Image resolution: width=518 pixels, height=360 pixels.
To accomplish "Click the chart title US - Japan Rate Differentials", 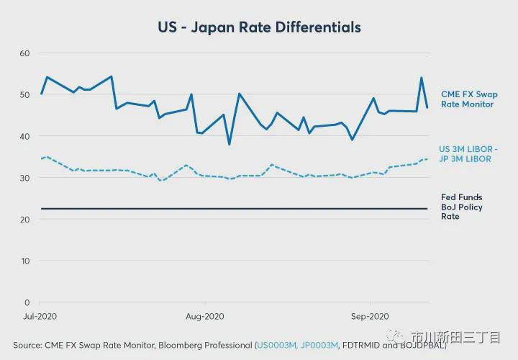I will [259, 27].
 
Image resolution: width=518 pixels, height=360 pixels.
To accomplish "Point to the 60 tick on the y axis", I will [24, 53].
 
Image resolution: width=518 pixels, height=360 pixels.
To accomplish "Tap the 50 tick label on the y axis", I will [24, 95].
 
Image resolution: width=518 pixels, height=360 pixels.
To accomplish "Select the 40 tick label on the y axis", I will [24, 136].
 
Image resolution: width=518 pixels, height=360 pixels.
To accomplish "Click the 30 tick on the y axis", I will [24, 178].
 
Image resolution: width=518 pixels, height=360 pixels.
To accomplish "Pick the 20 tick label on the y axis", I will [24, 220].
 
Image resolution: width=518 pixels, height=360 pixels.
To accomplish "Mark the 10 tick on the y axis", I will [25, 261].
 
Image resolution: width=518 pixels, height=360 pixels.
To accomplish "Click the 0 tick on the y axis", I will [27, 302].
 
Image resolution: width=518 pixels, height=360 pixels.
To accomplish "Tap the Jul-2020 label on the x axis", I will [41, 316].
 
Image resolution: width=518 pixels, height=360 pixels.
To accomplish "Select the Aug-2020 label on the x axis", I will [205, 316].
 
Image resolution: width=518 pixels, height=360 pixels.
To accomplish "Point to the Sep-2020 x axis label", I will [369, 316].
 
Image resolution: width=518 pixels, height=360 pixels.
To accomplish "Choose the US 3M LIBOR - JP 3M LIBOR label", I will [468, 154].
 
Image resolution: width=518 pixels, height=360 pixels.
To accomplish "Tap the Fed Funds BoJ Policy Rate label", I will [461, 207].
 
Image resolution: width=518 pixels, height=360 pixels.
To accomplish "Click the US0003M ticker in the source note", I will [276, 345].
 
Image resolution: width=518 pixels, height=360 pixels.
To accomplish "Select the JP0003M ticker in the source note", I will [319, 345].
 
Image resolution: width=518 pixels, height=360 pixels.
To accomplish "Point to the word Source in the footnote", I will [27, 345].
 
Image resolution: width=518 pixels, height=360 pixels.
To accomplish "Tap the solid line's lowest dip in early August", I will [230, 145].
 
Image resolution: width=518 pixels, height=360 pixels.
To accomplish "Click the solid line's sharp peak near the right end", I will [421, 78].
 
